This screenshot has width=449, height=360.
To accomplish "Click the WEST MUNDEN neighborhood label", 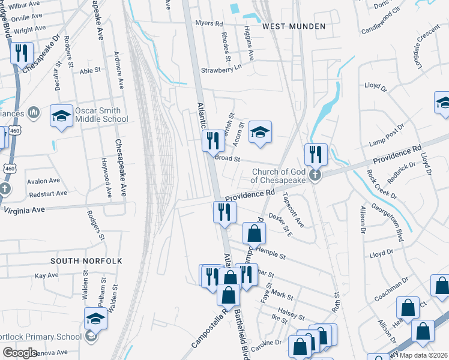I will (x=294, y=26).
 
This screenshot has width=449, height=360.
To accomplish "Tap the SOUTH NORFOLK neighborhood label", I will (x=86, y=261).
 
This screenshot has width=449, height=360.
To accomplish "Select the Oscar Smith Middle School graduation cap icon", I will (x=61, y=116).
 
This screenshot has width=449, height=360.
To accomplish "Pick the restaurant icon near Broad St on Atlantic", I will (x=212, y=141).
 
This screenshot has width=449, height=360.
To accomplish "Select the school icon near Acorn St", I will (x=260, y=132).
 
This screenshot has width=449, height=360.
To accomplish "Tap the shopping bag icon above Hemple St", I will (x=254, y=233).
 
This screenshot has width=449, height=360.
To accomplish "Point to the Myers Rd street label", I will (x=209, y=24).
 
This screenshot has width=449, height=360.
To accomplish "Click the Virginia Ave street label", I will (x=24, y=210).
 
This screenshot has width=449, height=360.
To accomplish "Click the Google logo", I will (x=20, y=353).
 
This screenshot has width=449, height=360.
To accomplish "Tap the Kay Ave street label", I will (x=46, y=275).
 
